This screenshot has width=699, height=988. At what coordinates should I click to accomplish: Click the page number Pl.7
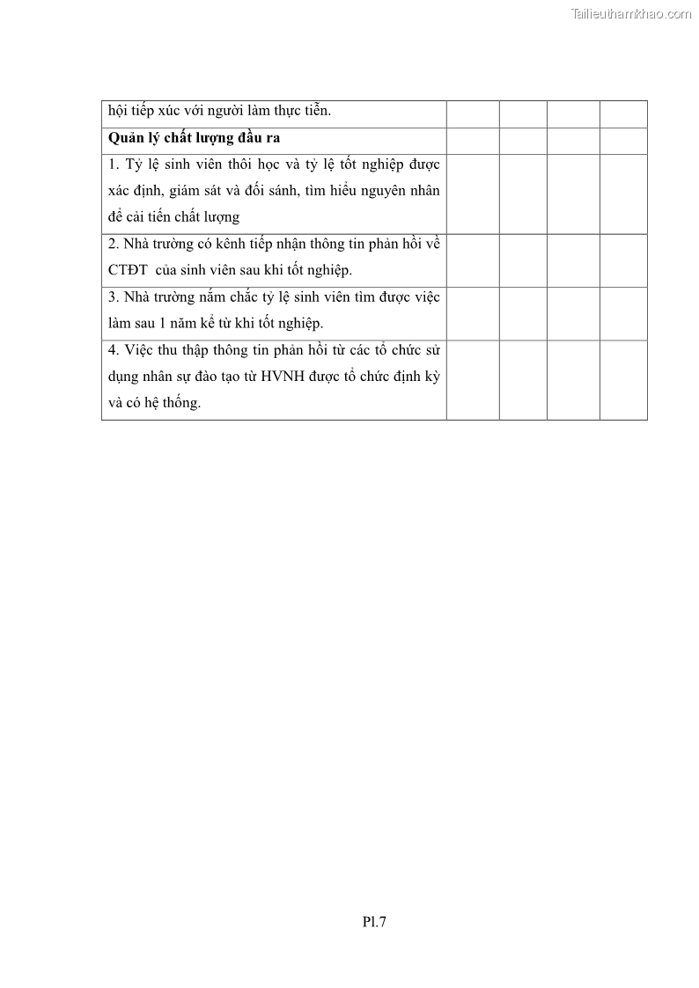[374, 922]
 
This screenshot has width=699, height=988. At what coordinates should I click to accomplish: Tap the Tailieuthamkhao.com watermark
[630, 13]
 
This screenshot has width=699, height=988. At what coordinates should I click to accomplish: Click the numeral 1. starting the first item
[114, 165]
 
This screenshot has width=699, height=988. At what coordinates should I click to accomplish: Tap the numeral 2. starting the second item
[114, 244]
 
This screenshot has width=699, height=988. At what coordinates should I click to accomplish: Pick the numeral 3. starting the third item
[114, 296]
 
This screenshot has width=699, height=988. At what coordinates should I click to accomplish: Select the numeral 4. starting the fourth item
[114, 349]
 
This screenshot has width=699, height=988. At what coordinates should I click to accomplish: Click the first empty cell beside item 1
[473, 194]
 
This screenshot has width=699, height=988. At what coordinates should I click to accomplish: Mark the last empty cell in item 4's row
[623, 379]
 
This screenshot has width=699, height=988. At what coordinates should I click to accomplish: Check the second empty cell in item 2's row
[523, 260]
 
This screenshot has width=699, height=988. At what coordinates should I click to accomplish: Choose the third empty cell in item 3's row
[573, 313]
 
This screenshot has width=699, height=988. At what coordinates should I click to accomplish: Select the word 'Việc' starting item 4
[140, 349]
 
